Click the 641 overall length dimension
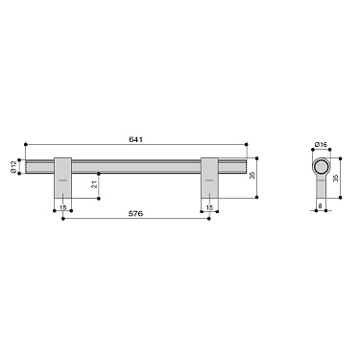point(136,140)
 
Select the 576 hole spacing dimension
point(136,213)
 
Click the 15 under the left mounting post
point(62,206)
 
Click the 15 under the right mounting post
point(209,206)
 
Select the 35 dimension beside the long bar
point(253,176)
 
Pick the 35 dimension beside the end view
point(337,178)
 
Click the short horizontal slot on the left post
point(62,180)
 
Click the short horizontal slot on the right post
point(209,180)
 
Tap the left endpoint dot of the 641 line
point(25,145)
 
